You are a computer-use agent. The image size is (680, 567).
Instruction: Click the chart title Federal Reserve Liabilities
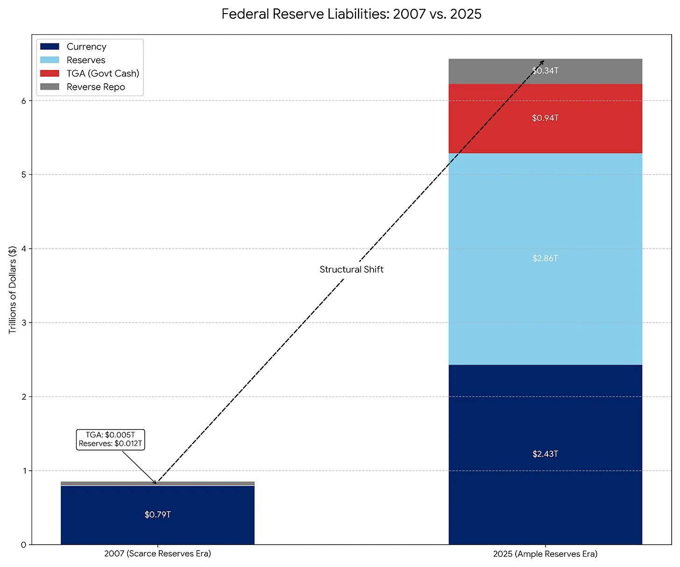tap(351, 14)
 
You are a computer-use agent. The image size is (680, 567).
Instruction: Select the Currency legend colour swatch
tap(50, 47)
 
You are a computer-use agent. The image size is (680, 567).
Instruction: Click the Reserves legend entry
tap(86, 60)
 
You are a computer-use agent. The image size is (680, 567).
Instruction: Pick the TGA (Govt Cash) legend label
tap(103, 73)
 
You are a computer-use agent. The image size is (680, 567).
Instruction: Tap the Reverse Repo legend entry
tap(96, 87)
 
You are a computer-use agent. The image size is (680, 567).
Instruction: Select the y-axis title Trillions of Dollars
tap(13, 289)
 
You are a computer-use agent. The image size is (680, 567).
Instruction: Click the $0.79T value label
tap(157, 515)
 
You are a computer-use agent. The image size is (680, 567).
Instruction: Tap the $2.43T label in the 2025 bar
tap(545, 454)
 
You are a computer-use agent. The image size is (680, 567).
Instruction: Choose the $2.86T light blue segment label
tap(545, 258)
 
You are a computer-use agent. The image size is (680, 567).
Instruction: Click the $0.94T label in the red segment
tap(545, 118)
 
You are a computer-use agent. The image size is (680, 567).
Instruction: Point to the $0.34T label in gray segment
tap(545, 71)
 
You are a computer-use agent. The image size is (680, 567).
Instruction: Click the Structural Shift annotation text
tap(351, 269)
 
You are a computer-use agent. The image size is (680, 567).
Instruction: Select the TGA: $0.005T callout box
tap(111, 439)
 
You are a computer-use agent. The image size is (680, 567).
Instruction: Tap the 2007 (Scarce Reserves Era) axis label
tap(157, 554)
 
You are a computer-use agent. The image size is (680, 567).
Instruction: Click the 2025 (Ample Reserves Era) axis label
tap(545, 554)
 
